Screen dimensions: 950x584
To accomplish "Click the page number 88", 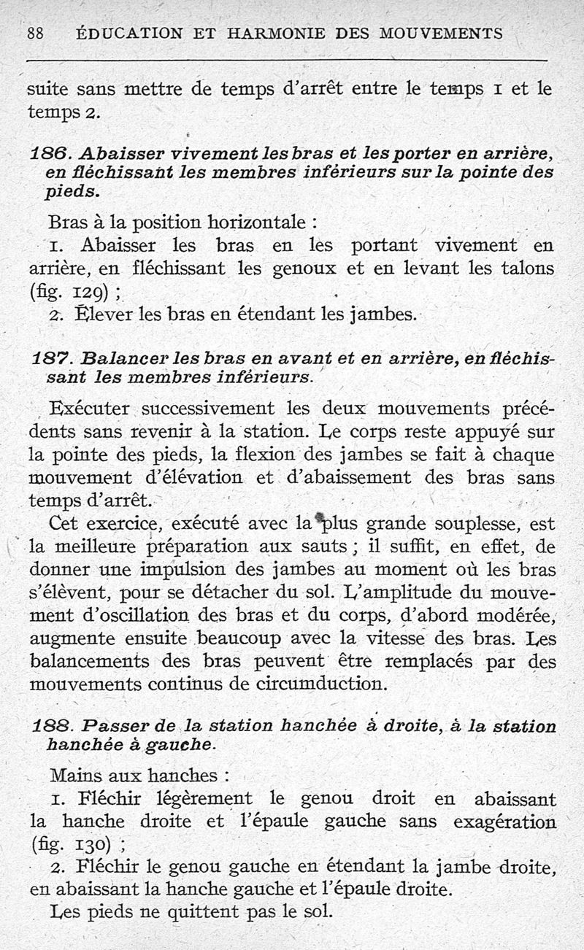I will coord(36,33).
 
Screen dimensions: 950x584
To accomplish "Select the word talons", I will coord(528,268).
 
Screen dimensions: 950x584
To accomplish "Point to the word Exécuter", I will coord(90,406).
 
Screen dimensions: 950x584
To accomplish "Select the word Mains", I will coord(74,774).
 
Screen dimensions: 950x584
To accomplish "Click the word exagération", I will coord(504,821).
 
